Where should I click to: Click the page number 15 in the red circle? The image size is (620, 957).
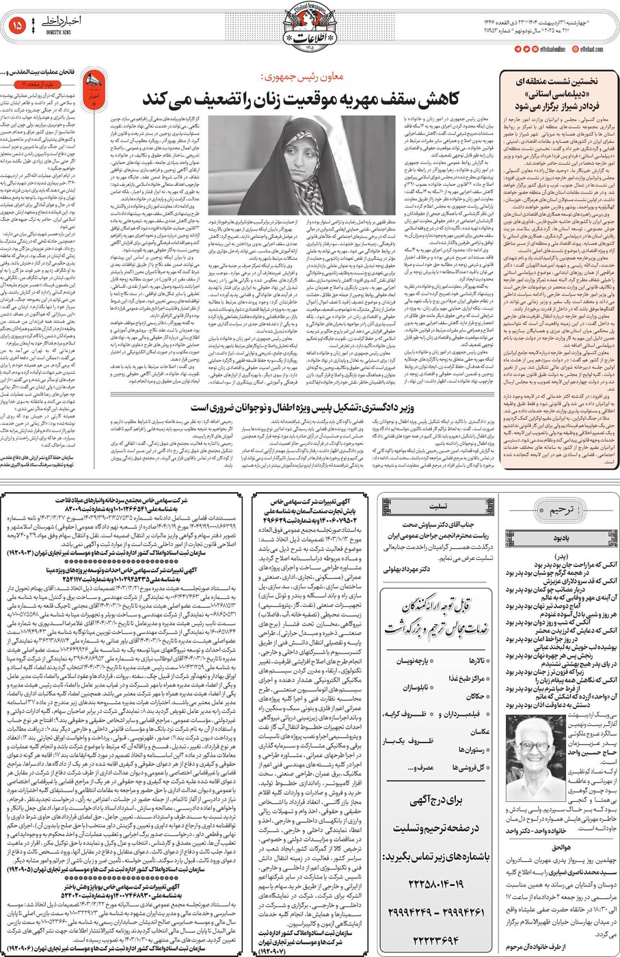click(18, 26)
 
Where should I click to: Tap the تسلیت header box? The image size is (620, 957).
click(437, 507)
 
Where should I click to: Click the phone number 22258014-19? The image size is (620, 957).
click(435, 883)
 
